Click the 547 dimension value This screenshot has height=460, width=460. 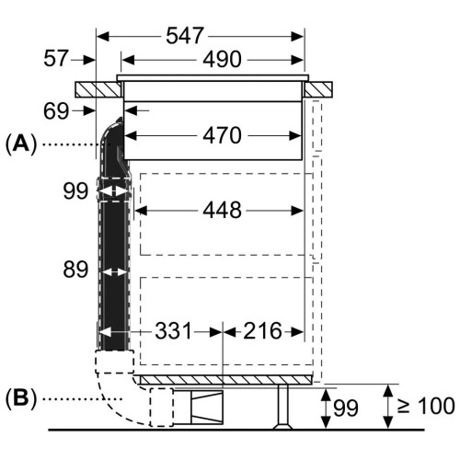click(185, 36)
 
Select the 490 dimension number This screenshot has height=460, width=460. click(222, 59)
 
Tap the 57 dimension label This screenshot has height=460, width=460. click(55, 58)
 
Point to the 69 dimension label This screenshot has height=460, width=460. click(56, 111)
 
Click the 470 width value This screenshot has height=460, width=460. click(222, 135)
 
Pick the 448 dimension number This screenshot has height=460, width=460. click(222, 210)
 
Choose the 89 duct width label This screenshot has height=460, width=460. click(75, 270)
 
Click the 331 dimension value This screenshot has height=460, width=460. click(173, 331)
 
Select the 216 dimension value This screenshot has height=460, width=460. click(262, 331)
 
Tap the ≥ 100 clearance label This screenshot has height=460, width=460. click(426, 406)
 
